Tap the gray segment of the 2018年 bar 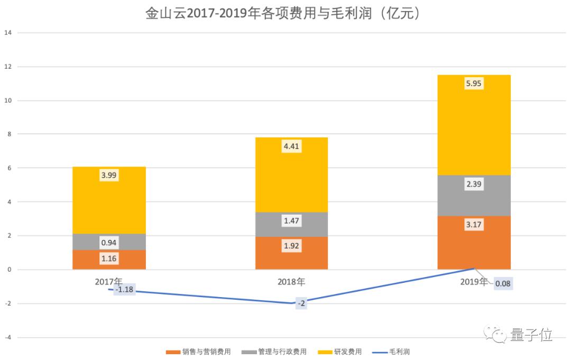coord(291,224)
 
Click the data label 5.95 coord(474,84)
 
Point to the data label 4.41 coord(291,146)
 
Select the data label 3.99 coord(109,176)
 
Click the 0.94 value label coord(109,243)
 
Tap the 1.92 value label coord(291,247)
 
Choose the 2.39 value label coord(474,184)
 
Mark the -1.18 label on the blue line coord(124,290)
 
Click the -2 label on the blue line coord(301,303)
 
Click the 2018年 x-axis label coord(291,282)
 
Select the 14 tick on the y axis coord(7,33)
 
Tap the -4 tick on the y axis coord(7,337)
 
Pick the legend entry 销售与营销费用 coord(206,352)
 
